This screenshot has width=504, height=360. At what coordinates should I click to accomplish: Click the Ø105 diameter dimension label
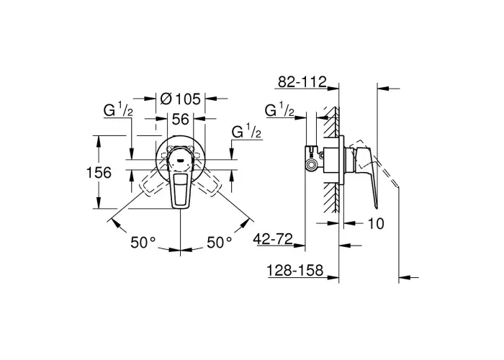pyautogui.click(x=180, y=99)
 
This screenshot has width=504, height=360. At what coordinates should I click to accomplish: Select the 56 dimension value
pyautogui.click(x=180, y=120)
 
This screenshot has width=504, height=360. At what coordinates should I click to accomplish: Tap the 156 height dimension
pyautogui.click(x=99, y=173)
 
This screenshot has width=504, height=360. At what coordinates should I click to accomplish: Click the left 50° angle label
pyautogui.click(x=143, y=242)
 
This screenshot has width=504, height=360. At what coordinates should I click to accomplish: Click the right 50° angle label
pyautogui.click(x=219, y=242)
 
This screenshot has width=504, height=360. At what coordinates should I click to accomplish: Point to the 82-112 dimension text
pyautogui.click(x=302, y=81)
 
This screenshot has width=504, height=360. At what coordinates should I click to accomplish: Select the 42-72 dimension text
pyautogui.click(x=273, y=239)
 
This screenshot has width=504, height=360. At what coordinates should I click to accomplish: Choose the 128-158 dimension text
pyautogui.click(x=295, y=270)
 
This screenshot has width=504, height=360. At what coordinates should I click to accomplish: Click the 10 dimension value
pyautogui.click(x=376, y=223)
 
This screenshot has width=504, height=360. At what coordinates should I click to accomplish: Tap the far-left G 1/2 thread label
pyautogui.click(x=118, y=110)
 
